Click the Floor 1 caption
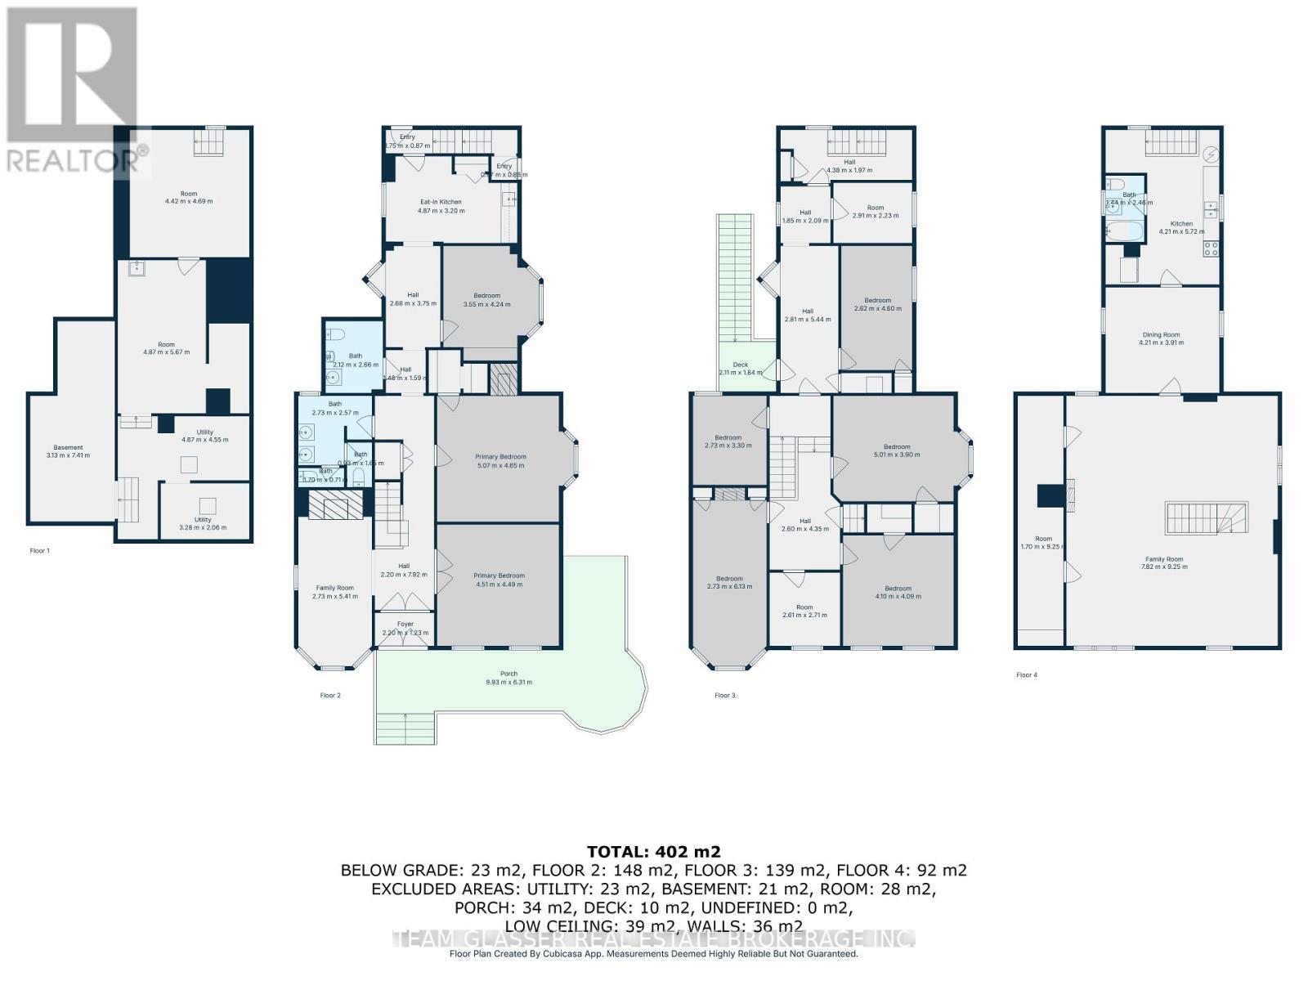point(39,551)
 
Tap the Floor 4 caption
point(1027,675)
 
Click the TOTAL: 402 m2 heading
point(653,852)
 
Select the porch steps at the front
point(405,728)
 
